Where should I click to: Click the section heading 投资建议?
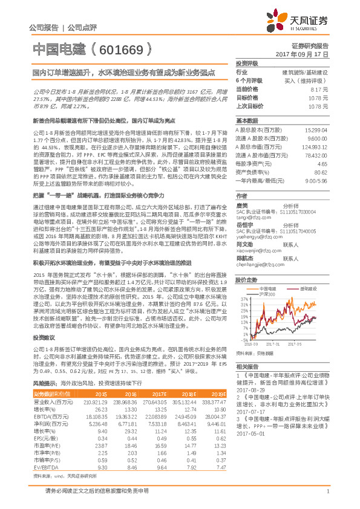point(44,354)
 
